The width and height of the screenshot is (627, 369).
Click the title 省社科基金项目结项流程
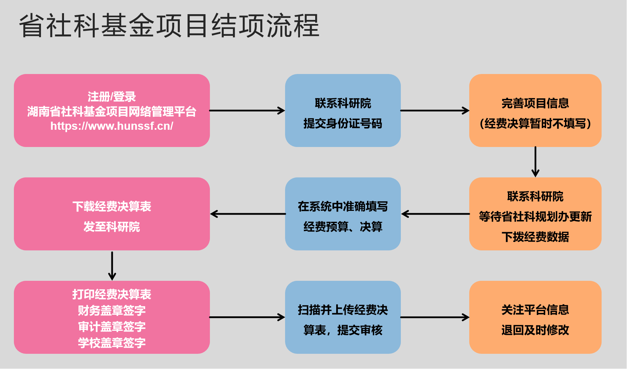(x=169, y=25)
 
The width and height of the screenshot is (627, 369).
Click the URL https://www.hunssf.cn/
(x=112, y=126)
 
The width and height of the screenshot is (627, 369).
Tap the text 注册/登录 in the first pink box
(x=112, y=97)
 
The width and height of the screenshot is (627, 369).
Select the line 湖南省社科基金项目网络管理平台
(x=112, y=112)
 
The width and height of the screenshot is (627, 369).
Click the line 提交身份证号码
(x=343, y=123)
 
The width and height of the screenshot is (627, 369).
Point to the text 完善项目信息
(x=535, y=103)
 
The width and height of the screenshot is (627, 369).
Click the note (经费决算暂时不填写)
(x=535, y=123)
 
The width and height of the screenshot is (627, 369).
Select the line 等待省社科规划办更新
(x=535, y=217)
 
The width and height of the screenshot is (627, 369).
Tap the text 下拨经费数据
(x=535, y=237)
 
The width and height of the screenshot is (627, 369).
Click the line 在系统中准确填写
(x=343, y=206)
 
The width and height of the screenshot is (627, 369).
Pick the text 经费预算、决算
(x=343, y=226)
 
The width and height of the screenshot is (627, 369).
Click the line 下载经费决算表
(x=112, y=206)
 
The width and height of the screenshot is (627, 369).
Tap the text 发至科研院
(x=112, y=226)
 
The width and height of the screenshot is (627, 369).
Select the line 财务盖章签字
(x=112, y=310)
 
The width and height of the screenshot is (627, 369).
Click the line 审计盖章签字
(x=112, y=326)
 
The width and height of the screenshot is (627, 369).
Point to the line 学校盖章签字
(x=112, y=343)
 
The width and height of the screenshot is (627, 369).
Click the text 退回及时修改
(x=535, y=330)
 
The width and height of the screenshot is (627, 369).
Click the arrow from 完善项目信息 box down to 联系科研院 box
(x=535, y=162)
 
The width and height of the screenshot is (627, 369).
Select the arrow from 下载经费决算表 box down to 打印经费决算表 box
(x=112, y=266)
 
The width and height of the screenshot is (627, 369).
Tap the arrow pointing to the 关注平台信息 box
(x=435, y=317)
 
